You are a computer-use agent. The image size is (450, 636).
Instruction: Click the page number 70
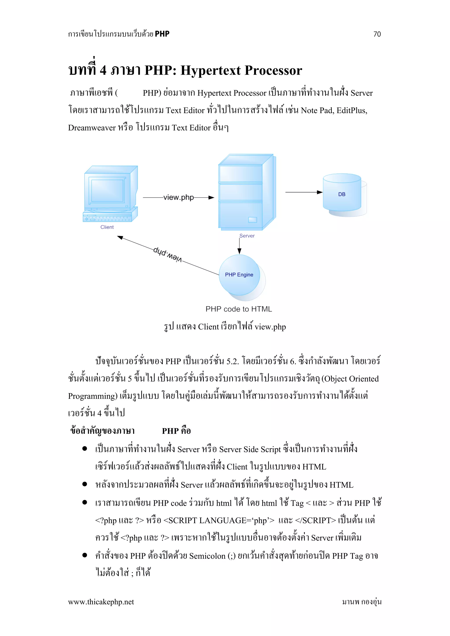[377, 34]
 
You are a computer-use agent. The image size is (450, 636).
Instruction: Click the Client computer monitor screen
[107, 191]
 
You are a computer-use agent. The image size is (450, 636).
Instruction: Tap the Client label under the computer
[107, 227]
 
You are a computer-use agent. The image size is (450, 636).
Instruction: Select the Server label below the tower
[247, 236]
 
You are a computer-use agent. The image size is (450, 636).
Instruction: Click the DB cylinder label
[342, 194]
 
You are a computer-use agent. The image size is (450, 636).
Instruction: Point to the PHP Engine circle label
[239, 275]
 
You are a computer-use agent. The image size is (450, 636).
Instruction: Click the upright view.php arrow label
[178, 197]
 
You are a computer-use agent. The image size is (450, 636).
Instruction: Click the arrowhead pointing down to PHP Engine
[240, 251]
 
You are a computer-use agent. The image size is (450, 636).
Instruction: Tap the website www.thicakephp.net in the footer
[101, 602]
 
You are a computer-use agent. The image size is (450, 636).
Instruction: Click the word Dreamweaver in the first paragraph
[92, 128]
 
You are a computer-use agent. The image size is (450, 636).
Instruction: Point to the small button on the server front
[252, 220]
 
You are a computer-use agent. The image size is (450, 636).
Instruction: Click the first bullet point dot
[85, 448]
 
